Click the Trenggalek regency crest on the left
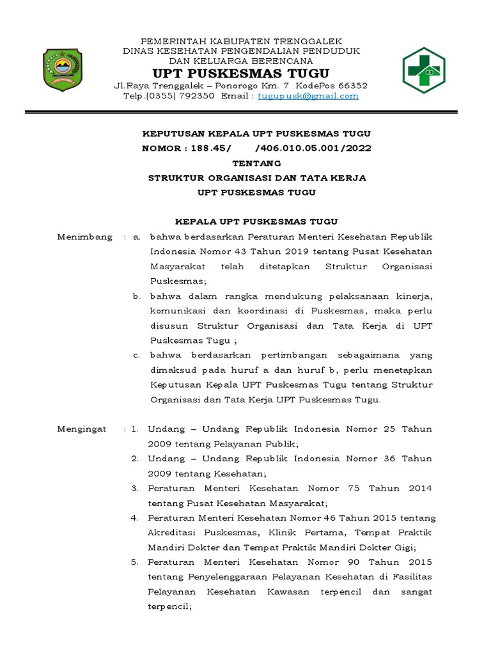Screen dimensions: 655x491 coord(62,68)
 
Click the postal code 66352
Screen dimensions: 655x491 coord(352,85)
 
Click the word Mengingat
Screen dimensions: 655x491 coord(82,429)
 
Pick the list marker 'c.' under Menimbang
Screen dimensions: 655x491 coord(137,355)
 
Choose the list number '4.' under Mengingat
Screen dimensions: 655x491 coord(135,517)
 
